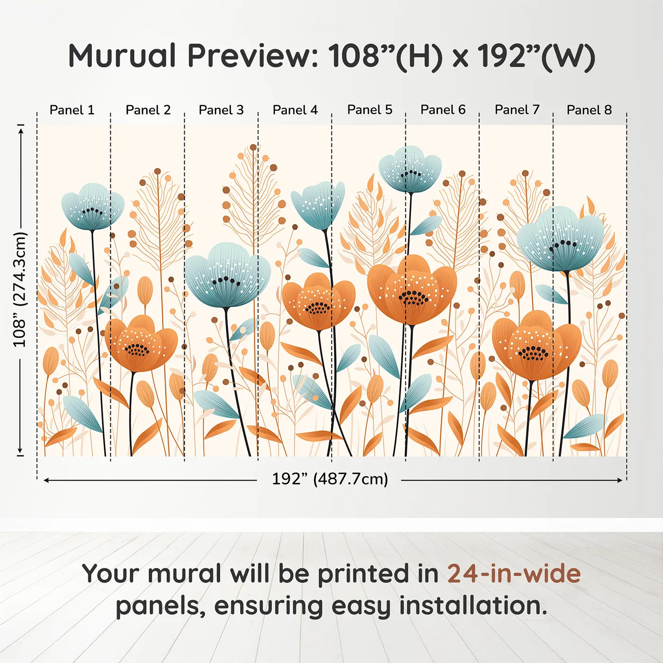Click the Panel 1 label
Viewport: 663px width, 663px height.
[72, 110]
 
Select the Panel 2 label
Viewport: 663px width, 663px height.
[148, 110]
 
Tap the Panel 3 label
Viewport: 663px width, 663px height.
[221, 110]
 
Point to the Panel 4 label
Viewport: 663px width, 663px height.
[295, 110]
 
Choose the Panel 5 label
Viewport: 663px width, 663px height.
[369, 109]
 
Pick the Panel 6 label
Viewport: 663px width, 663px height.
[443, 109]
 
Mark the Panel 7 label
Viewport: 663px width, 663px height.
[517, 109]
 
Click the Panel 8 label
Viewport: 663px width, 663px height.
[589, 110]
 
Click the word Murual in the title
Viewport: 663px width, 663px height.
[122, 56]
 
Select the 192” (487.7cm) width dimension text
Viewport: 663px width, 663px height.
[330, 479]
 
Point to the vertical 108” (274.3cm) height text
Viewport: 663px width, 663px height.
[20, 289]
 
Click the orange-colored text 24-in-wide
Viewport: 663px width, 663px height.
[514, 573]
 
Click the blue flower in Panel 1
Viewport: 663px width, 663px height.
[93, 207]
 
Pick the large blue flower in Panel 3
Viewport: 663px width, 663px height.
[227, 275]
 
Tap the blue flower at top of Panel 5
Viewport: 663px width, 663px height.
[410, 169]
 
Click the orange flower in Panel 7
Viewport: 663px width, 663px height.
[536, 345]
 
